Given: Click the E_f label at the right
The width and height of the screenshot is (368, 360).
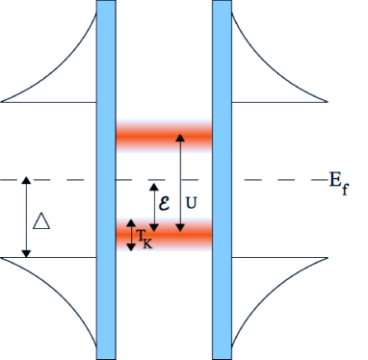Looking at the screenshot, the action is click(x=336, y=181).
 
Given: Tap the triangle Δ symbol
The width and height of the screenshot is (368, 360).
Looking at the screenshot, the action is click(x=41, y=221).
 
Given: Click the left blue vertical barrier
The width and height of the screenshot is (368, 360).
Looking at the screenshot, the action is click(x=107, y=179).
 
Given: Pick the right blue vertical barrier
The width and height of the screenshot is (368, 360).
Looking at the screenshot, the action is click(x=222, y=179).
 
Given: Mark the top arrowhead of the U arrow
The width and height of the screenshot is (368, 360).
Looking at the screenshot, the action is click(x=179, y=139).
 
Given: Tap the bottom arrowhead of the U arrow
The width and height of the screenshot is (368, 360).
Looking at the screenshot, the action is click(x=179, y=228).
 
